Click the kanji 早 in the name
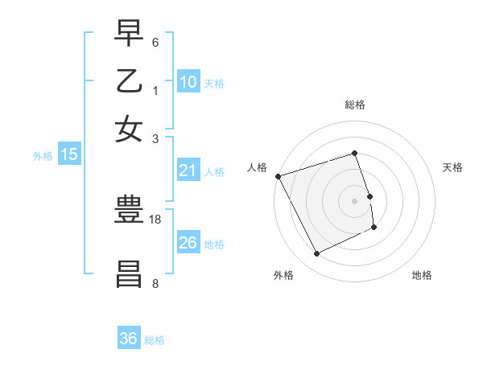pos(129,33)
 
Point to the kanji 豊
pos(129,212)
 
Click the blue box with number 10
pos(188,81)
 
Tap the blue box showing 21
pos(188,171)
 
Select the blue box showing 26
pos(188,243)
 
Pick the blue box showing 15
pos(69,154)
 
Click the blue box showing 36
pos(129,339)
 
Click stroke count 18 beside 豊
pos(155,219)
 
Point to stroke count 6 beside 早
pos(155,41)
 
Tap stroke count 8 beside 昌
pos(155,283)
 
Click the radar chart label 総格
pos(354,105)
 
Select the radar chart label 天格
pos(453,167)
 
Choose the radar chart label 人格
pos(258,167)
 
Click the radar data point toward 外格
pos(316,254)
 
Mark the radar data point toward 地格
pos(375,228)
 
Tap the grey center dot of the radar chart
pos(355,200)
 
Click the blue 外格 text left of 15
pos(43,156)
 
